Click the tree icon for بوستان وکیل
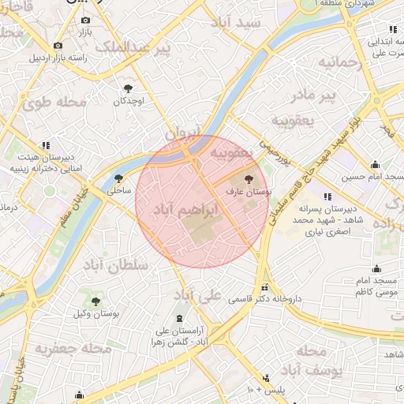click(x=95, y=301)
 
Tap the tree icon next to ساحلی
click(x=118, y=178)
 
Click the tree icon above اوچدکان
click(x=127, y=88)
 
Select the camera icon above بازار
click(x=85, y=20)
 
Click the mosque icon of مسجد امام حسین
click(x=376, y=165)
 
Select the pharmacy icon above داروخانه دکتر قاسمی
click(x=264, y=287)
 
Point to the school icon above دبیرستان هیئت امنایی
click(x=47, y=144)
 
